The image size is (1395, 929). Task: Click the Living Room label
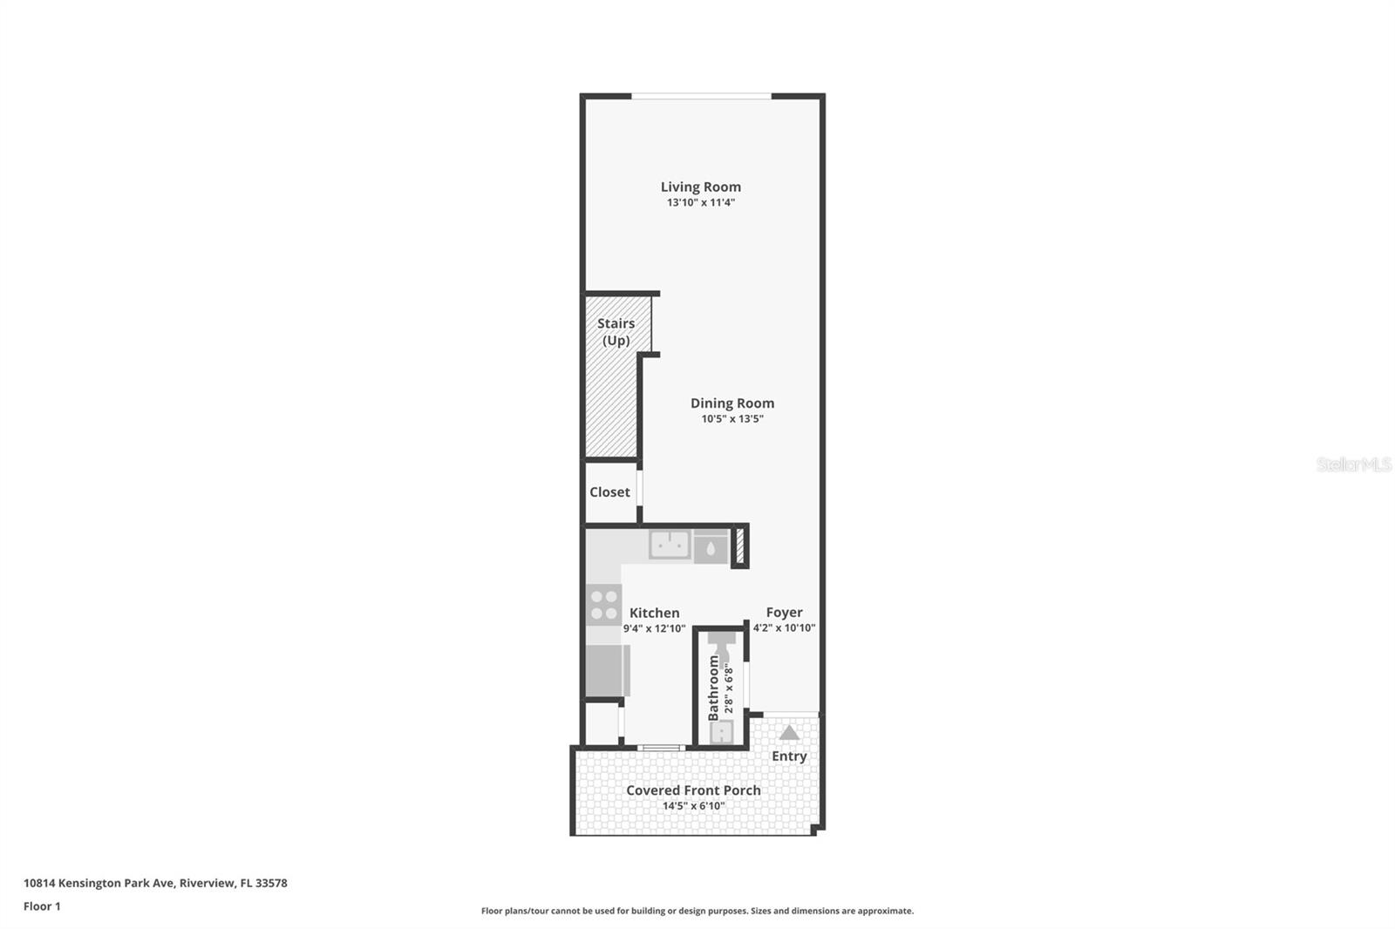click(700, 186)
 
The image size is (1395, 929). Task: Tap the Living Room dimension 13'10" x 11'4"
click(700, 202)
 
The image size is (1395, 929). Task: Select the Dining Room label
click(732, 403)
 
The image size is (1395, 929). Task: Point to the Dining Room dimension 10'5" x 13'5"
click(732, 418)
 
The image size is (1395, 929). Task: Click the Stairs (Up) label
click(616, 331)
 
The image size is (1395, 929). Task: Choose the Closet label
click(609, 492)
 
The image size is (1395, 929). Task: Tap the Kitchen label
click(654, 613)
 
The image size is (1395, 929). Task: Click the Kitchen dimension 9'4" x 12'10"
click(654, 628)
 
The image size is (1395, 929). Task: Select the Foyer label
click(784, 613)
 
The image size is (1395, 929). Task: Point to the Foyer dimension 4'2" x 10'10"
click(784, 627)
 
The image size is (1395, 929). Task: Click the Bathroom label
click(714, 688)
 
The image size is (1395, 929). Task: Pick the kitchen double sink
click(670, 546)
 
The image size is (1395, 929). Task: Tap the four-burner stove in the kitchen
click(603, 605)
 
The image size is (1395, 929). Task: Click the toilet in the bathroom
click(721, 646)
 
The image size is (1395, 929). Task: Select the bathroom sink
click(721, 732)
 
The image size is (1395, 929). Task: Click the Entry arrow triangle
click(789, 733)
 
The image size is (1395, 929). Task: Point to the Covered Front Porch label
click(693, 790)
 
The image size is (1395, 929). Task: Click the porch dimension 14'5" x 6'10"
click(693, 806)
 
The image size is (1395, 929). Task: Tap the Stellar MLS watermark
click(1353, 464)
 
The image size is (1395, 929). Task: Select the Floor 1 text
click(42, 906)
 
